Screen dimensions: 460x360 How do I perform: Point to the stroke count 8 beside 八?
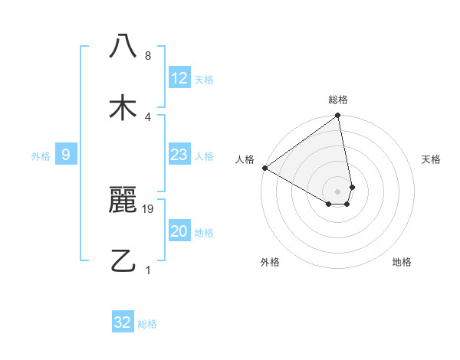coord(148,56)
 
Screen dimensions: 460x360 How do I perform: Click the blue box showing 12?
coord(179,78)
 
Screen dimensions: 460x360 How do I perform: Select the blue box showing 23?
coord(179,155)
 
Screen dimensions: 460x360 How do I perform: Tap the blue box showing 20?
coord(179,232)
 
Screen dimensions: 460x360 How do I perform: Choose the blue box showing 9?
coord(66,155)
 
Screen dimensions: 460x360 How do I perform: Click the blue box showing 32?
coord(123,322)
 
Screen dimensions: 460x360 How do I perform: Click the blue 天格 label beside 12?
coord(204,80)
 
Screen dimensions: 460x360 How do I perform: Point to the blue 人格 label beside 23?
coord(204,156)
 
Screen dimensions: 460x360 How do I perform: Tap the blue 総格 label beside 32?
coord(147,324)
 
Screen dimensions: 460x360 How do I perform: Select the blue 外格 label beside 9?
coord(41,156)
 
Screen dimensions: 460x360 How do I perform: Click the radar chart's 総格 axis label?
coord(338,100)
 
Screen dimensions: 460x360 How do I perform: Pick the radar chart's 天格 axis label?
coord(432,159)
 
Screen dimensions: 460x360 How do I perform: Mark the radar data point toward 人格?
coord(264,168)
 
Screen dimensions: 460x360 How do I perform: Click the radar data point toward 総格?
coord(338,116)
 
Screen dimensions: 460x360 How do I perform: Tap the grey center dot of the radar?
coord(338,191)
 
